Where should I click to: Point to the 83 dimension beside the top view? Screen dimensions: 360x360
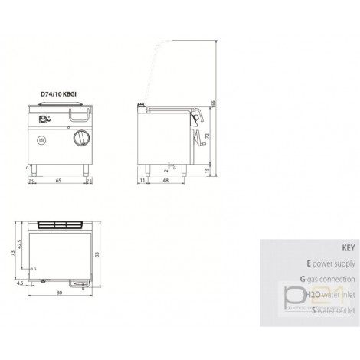[x=96, y=255]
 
